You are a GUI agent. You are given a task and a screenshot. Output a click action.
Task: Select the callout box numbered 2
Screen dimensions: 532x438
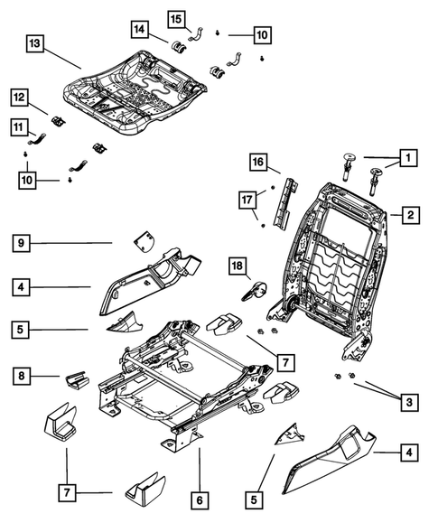tap(409, 215)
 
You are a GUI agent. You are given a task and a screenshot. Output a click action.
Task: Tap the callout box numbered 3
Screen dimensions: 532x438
tap(409, 400)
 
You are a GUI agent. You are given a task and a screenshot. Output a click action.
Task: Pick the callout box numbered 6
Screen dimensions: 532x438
tap(200, 496)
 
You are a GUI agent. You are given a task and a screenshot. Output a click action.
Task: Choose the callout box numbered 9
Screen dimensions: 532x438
tap(23, 242)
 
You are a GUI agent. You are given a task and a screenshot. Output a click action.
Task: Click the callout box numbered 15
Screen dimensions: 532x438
tap(175, 18)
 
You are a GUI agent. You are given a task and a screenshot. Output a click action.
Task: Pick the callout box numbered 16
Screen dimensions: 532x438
tap(258, 163)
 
